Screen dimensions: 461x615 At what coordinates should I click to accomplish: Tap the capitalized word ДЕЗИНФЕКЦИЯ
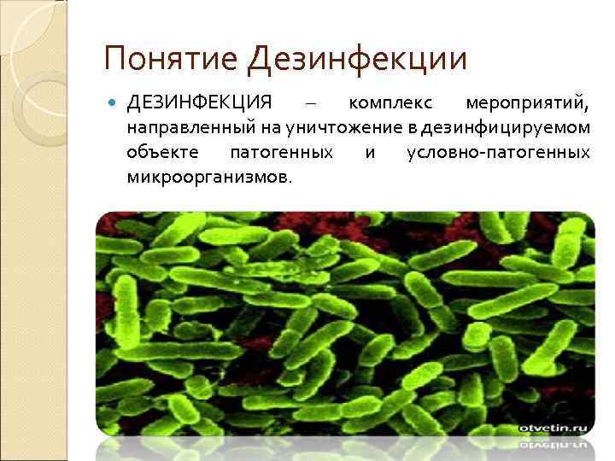pyautogui.click(x=199, y=104)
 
